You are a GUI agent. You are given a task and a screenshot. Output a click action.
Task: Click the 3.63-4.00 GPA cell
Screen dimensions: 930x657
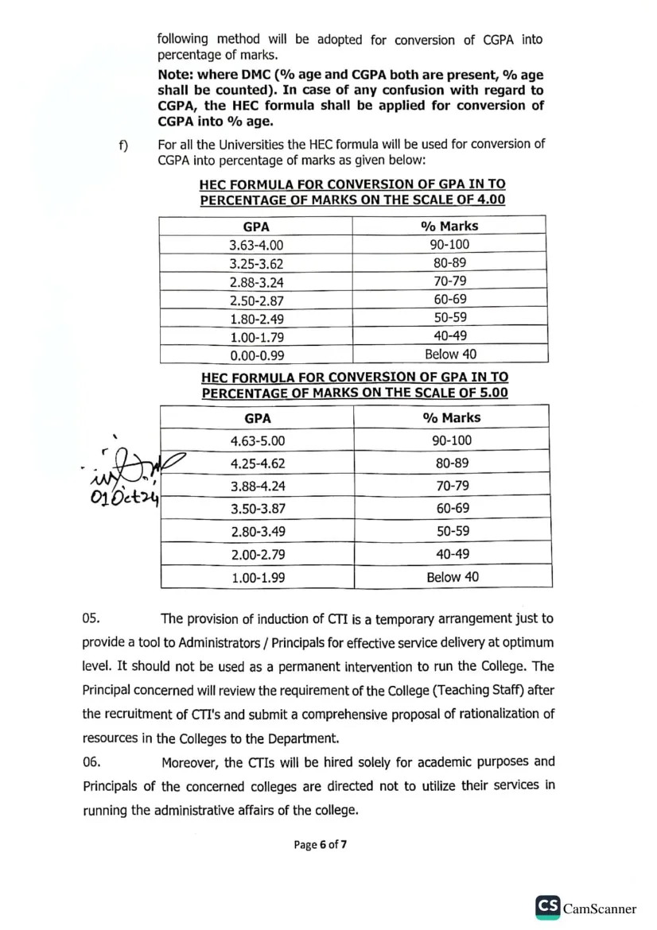point(256,245)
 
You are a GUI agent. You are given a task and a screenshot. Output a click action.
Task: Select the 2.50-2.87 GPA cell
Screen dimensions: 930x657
point(256,300)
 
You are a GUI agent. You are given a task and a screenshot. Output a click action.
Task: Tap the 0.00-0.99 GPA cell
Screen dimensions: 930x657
point(256,355)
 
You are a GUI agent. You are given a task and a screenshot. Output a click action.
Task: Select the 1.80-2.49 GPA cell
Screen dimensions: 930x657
point(256,319)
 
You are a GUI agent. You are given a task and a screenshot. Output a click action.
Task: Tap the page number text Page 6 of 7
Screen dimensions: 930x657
point(321,844)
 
